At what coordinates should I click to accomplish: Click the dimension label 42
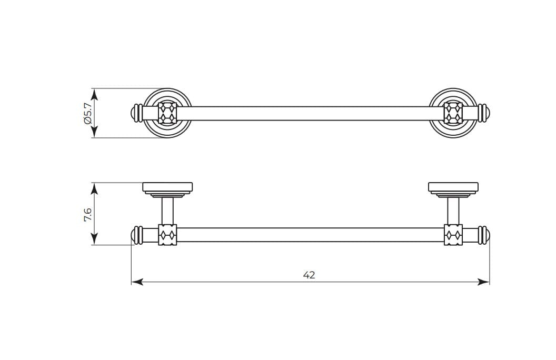[x=309, y=275]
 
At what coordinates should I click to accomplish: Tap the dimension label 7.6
[x=87, y=215]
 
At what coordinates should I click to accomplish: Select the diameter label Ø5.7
[x=88, y=113]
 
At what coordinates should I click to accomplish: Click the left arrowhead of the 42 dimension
[x=137, y=282]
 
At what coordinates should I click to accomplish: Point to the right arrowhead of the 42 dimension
[x=484, y=282]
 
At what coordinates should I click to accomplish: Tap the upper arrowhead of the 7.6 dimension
[x=94, y=189]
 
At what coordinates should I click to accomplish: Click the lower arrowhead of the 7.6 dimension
[x=94, y=238]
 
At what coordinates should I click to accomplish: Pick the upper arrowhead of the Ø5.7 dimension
[x=94, y=95]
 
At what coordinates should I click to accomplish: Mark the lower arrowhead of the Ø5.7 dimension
[x=94, y=132]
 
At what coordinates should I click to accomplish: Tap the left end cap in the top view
[x=137, y=113]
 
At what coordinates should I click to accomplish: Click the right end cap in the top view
[x=484, y=113]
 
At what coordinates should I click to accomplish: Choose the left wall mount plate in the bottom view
[x=168, y=189]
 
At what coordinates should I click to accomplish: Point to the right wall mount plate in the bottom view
[x=453, y=189]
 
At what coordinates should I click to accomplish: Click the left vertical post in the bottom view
[x=168, y=211]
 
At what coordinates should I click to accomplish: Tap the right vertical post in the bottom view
[x=453, y=211]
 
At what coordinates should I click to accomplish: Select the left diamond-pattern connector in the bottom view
[x=168, y=235]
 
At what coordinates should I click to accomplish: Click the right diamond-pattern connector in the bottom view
[x=453, y=235]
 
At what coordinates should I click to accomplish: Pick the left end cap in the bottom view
[x=137, y=235]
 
